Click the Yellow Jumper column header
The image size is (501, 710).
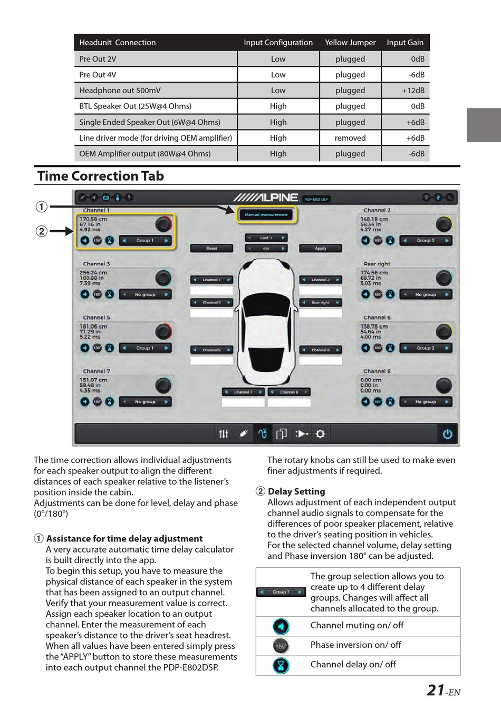pyautogui.click(x=350, y=43)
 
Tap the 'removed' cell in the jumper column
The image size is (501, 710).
pyautogui.click(x=350, y=138)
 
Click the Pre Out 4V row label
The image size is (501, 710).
pyautogui.click(x=98, y=75)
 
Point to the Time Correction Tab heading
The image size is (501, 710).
pyautogui.click(x=101, y=176)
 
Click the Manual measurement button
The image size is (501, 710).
pyautogui.click(x=266, y=214)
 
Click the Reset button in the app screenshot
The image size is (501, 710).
pyautogui.click(x=211, y=248)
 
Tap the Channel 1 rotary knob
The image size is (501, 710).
pyautogui.click(x=163, y=224)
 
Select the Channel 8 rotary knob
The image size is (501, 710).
pyautogui.click(x=444, y=385)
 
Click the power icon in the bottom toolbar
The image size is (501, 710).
pyautogui.click(x=447, y=434)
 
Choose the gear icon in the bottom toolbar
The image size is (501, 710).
pyautogui.click(x=320, y=434)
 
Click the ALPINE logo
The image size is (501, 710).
pyautogui.click(x=266, y=198)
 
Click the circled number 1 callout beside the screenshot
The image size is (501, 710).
pyautogui.click(x=41, y=206)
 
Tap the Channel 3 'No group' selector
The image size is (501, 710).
pyautogui.click(x=145, y=294)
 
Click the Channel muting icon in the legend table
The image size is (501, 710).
pyautogui.click(x=281, y=626)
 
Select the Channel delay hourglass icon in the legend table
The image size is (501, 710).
pyautogui.click(x=281, y=666)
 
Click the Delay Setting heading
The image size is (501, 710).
pyautogui.click(x=296, y=491)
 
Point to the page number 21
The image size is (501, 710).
pyautogui.click(x=436, y=690)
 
